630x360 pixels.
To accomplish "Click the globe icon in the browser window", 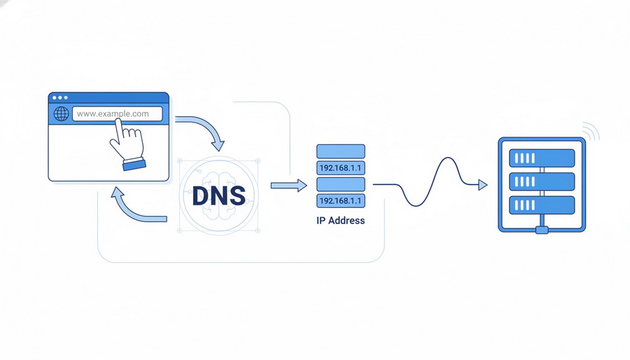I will point(62,113).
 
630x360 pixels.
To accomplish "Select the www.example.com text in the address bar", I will point(113,113).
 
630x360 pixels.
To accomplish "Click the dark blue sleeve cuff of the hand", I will point(134,165).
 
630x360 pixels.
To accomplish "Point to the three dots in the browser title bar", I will point(60,97).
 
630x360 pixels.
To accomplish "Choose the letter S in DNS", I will point(237,194).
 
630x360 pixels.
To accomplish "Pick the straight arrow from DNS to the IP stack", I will point(288,185).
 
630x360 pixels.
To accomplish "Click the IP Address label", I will point(341,221).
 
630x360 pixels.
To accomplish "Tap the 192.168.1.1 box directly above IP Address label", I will point(341,201).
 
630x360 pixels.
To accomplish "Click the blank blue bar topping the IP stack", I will point(341,151).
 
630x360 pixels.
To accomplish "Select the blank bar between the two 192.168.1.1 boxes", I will point(341,184).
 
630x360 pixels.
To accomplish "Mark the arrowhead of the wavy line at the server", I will point(482,185).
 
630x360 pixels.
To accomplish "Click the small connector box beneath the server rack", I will point(542,230).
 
